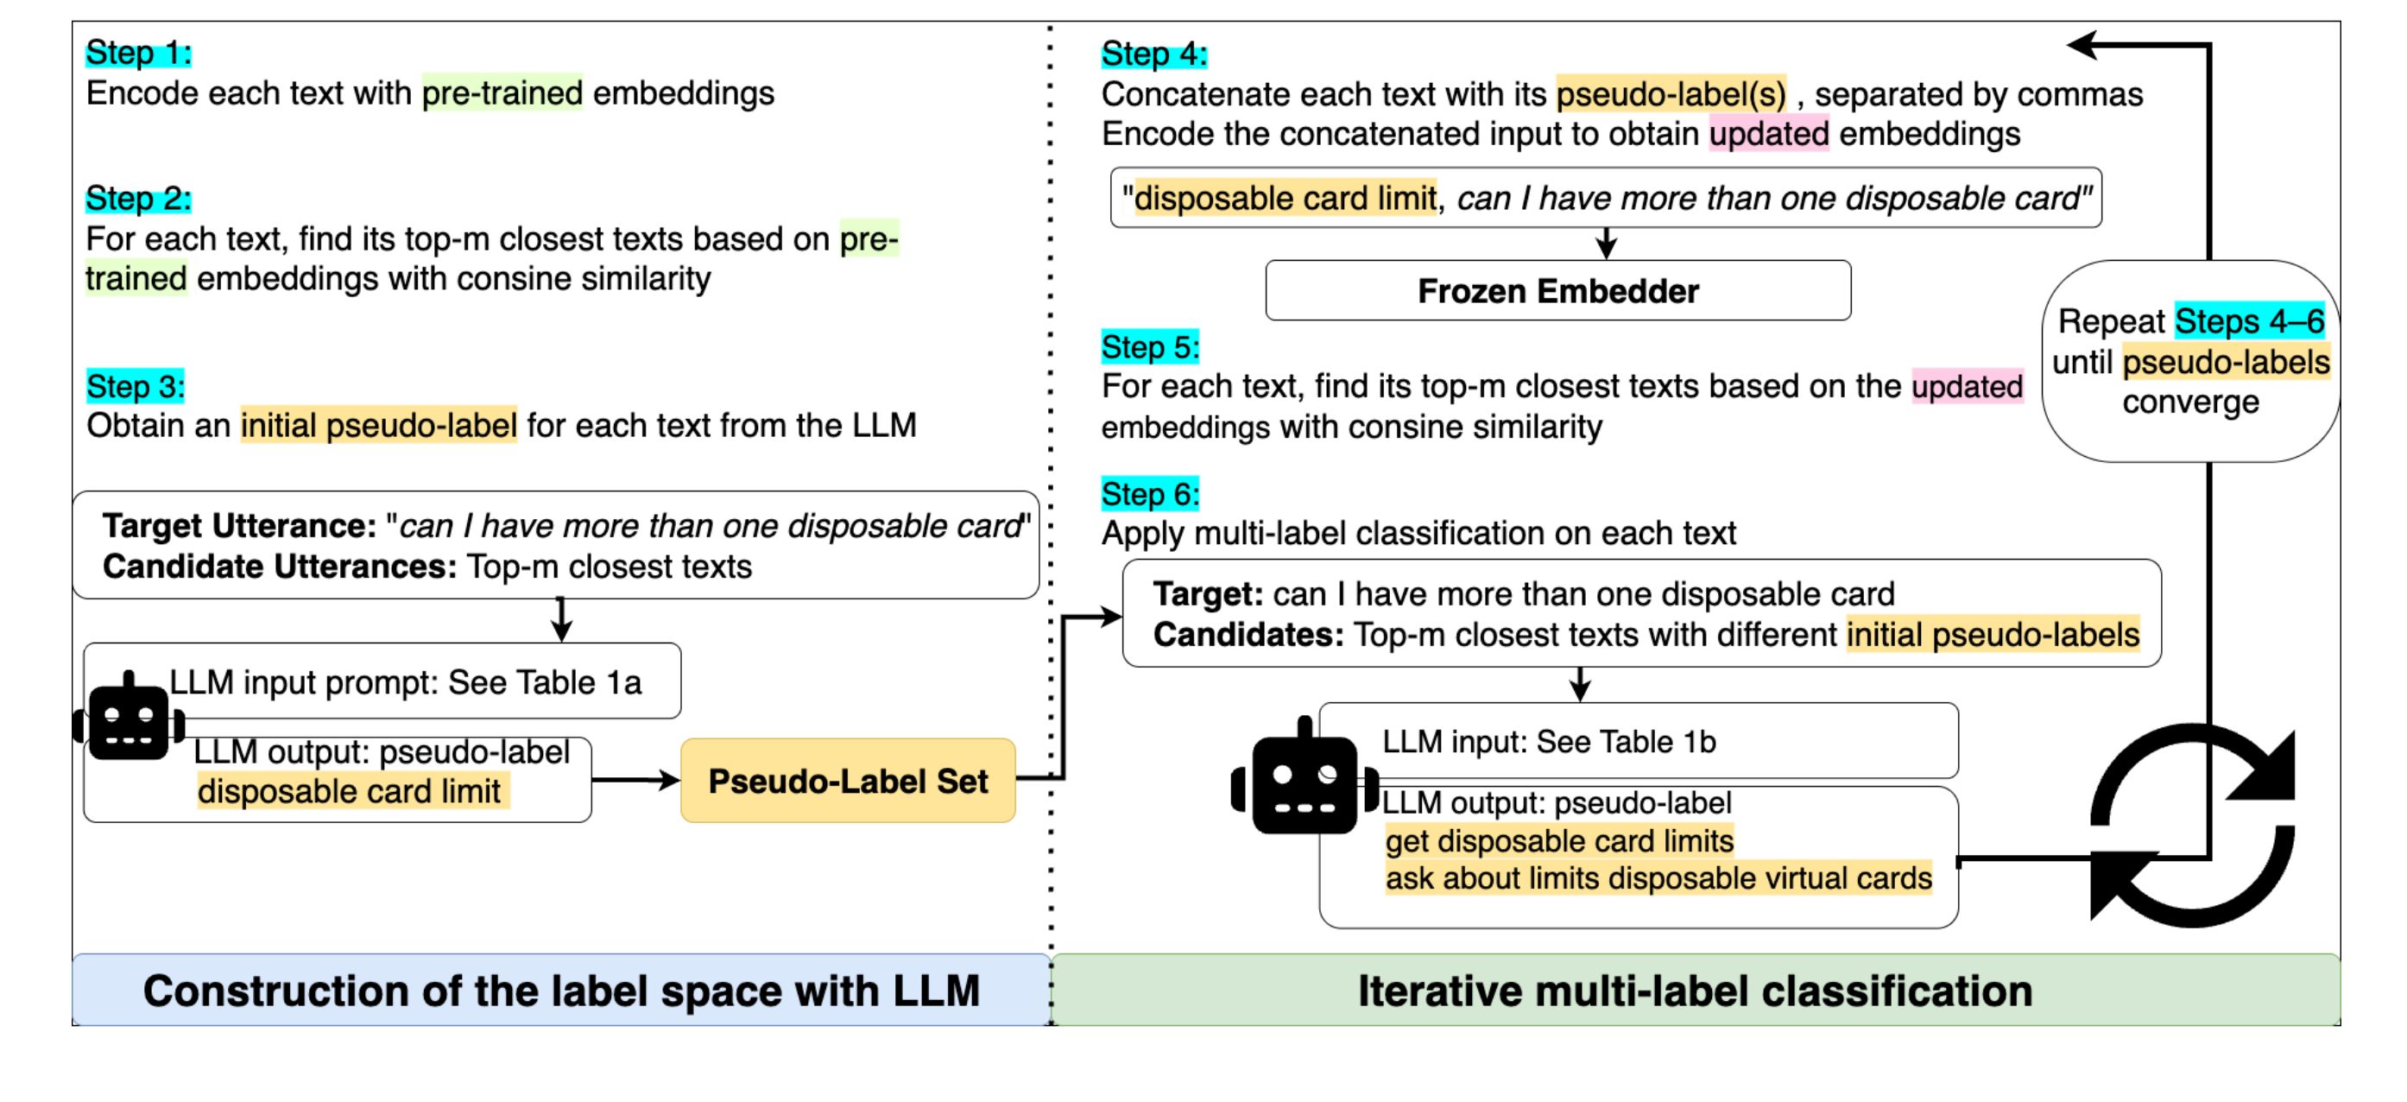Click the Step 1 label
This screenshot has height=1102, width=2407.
[138, 53]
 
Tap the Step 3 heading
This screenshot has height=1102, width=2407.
[136, 386]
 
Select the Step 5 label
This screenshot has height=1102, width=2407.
[1150, 347]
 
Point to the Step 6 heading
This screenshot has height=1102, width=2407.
[1150, 493]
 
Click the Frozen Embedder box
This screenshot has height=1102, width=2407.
[1557, 291]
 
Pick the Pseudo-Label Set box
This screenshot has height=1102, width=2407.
[848, 781]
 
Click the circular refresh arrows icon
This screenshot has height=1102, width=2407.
[2192, 826]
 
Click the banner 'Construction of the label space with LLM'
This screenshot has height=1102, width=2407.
[561, 990]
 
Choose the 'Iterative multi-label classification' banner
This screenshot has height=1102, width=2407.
[1696, 990]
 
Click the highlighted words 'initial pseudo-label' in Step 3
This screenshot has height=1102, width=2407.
[378, 425]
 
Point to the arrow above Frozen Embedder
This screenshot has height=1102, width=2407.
[1605, 243]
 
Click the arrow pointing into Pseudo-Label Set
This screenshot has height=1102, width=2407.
[635, 780]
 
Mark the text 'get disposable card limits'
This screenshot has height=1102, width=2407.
[1559, 841]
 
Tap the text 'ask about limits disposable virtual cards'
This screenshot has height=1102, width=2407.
[1658, 878]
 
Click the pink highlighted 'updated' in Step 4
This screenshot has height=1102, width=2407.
[1769, 134]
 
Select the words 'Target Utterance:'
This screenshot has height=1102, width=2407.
[240, 526]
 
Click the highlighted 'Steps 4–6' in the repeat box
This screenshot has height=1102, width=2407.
[2249, 321]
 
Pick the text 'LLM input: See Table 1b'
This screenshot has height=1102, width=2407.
[1549, 741]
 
